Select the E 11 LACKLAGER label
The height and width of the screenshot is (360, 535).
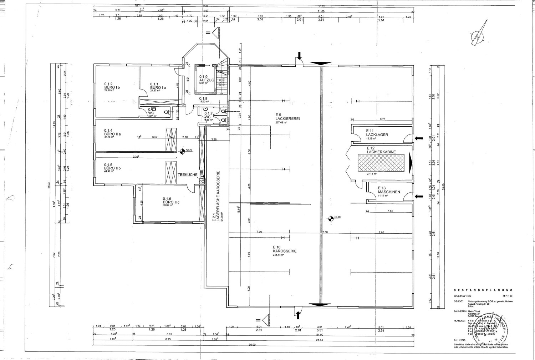click(x=377, y=135)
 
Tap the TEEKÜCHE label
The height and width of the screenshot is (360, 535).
click(x=188, y=175)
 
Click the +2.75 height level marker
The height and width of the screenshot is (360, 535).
click(x=185, y=151)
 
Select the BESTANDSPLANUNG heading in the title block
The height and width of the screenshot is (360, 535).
click(x=483, y=290)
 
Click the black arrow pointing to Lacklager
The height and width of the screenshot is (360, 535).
click(x=418, y=138)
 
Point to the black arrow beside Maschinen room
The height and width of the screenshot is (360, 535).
click(x=419, y=196)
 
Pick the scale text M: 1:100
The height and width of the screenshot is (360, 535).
click(x=507, y=296)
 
